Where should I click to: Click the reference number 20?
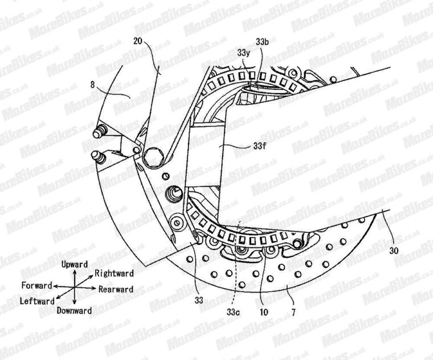(138, 41)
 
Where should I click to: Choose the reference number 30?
(394, 249)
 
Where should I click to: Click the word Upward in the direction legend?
(74, 264)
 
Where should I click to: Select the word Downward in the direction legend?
(74, 310)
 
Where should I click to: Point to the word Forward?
(36, 285)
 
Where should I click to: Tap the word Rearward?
(116, 289)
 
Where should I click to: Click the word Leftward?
(38, 300)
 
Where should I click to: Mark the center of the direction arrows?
(75, 287)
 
